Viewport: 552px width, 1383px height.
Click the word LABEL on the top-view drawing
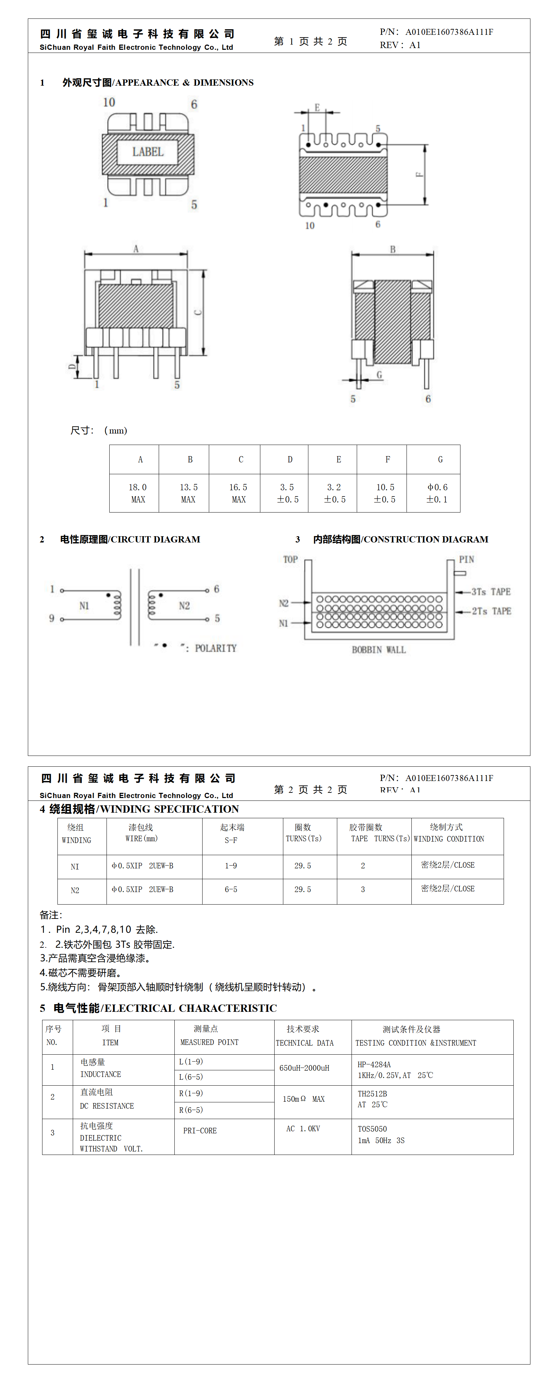148,152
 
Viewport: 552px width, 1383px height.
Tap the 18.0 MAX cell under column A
137,493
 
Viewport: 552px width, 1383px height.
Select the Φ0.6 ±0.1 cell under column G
437,493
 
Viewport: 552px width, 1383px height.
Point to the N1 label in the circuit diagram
84,605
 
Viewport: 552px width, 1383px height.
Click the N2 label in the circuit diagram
184,605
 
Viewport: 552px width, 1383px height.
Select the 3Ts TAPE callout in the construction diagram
491,592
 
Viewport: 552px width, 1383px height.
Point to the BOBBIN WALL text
379,650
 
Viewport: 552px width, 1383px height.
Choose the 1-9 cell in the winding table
231,866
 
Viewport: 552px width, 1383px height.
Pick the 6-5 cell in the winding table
231,890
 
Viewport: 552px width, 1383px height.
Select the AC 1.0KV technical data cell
303,1128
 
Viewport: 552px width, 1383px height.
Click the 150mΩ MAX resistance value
303,1099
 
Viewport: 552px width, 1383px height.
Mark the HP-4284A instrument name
374,1064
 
